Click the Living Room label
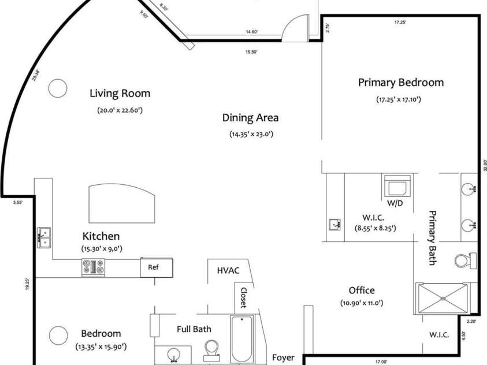tap(120, 94)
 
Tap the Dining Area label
tap(250, 118)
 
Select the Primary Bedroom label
tap(401, 83)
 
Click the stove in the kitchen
tap(93, 267)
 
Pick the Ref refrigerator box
tap(157, 267)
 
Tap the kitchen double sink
tap(44, 237)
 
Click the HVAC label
tap(228, 270)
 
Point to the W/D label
tap(395, 203)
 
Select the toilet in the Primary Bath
tap(465, 260)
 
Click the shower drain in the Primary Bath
tap(443, 298)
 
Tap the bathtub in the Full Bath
tap(242, 338)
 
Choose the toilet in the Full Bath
tap(212, 350)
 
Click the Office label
tap(362, 290)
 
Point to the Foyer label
tap(283, 357)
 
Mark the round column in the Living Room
tap(58, 88)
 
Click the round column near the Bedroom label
tap(58, 335)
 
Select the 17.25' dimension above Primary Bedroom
tap(400, 23)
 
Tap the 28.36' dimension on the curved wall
tap(36, 76)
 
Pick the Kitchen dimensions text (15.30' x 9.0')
tap(102, 248)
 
